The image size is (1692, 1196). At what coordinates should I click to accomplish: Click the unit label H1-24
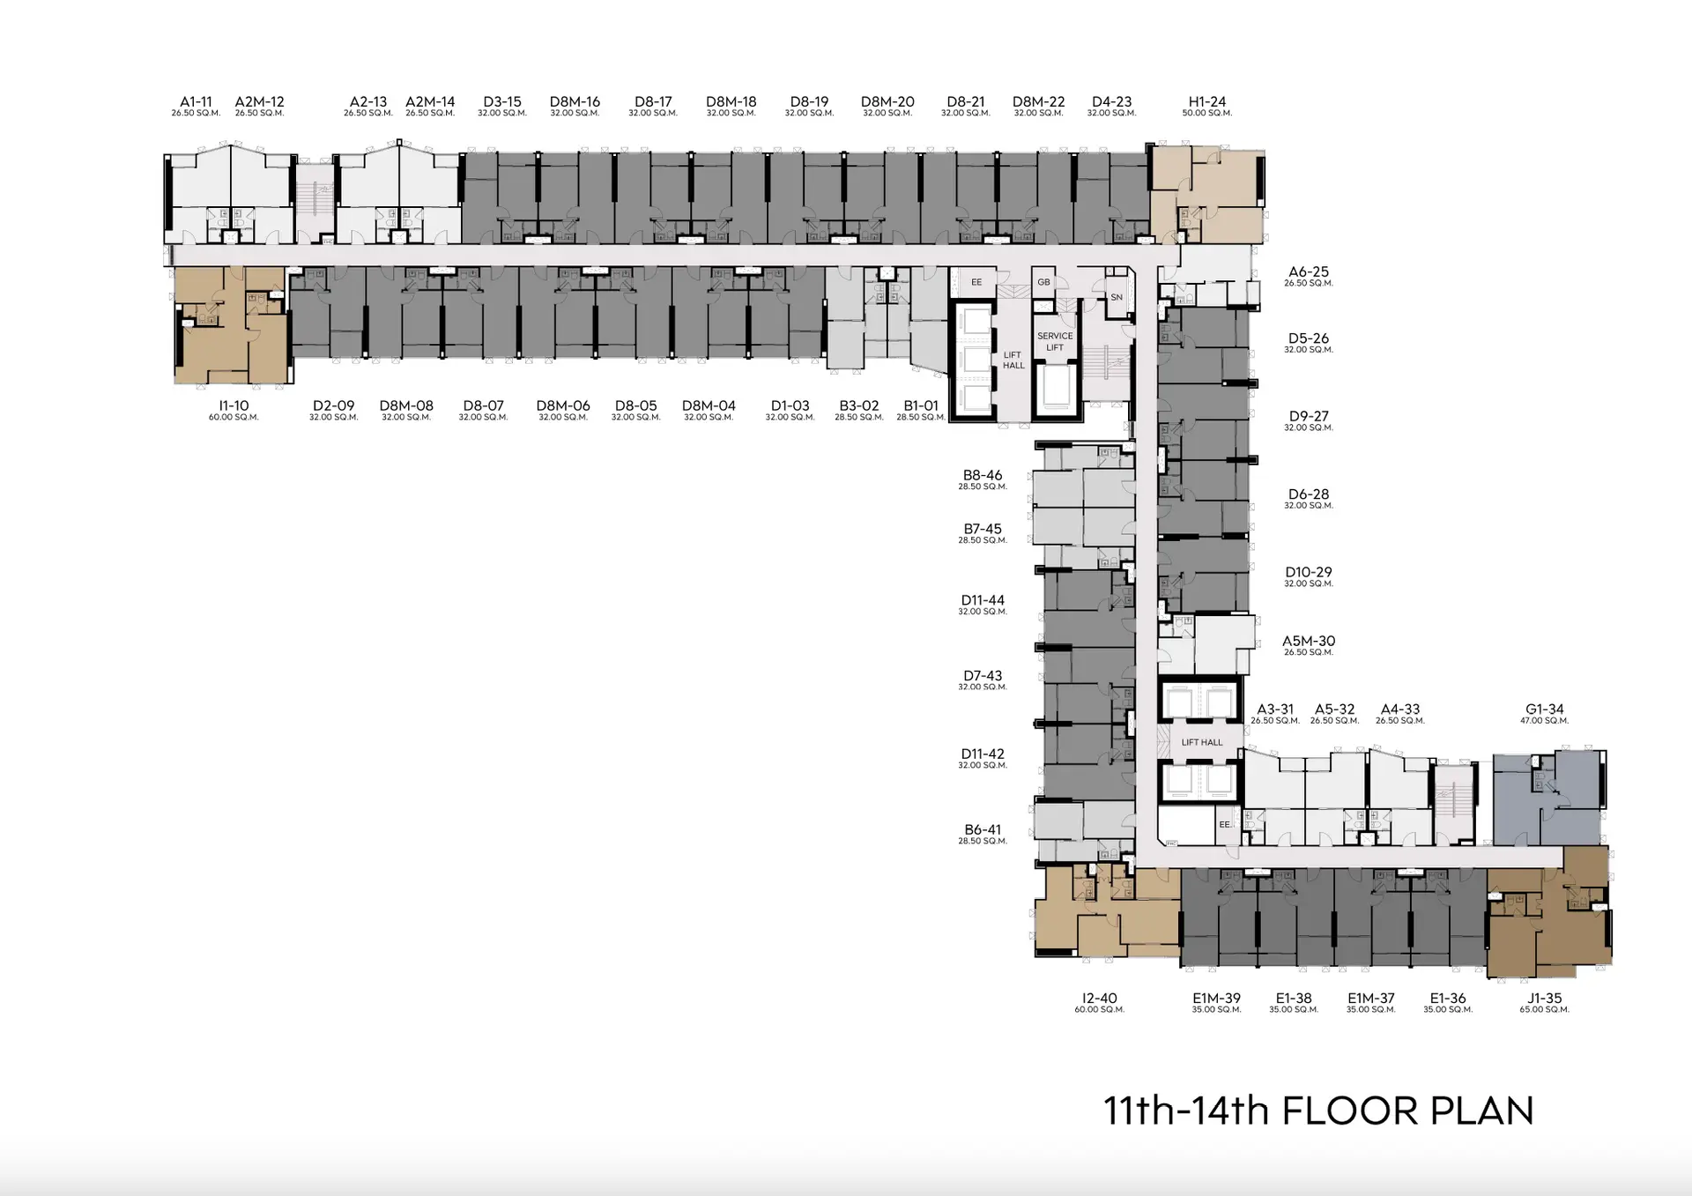coord(1206,101)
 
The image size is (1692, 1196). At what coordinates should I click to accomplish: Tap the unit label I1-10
coord(234,405)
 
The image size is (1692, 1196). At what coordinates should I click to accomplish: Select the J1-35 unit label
coord(1544,998)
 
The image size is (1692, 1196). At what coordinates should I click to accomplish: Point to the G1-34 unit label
coord(1544,709)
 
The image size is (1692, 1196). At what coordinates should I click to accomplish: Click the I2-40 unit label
coord(1099,998)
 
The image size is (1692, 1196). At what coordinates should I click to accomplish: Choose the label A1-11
coord(196,101)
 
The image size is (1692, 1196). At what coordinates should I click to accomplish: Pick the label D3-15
coord(502,101)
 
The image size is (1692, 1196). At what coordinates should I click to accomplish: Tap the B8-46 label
coord(983,475)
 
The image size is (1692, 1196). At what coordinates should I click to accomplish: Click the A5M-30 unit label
coord(1309,641)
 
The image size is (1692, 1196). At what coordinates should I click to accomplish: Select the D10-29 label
coord(1309,572)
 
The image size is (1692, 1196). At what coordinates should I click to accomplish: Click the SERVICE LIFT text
coord(1055,341)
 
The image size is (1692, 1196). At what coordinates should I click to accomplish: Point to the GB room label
coord(1043,282)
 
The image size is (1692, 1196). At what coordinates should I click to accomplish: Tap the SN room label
coord(1117,297)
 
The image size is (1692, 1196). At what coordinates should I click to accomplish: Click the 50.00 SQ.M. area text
coord(1206,113)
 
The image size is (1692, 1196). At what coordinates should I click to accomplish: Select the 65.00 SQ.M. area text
coord(1544,1009)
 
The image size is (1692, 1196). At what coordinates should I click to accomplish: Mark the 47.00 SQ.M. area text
coord(1544,720)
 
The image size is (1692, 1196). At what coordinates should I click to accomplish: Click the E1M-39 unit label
coord(1216,998)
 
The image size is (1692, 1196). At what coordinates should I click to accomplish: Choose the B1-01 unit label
coord(921,405)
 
